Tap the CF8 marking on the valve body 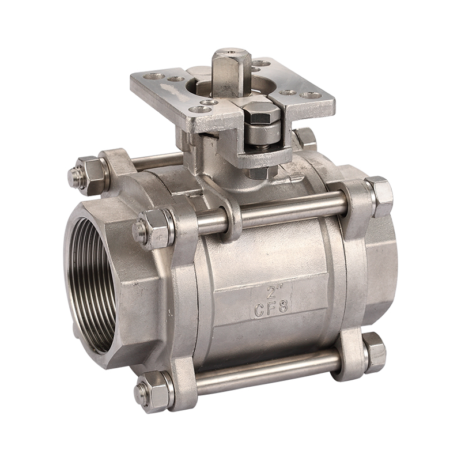pyautogui.click(x=271, y=309)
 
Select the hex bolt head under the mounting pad pyautogui.click(x=258, y=113)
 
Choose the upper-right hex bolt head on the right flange pyautogui.click(x=379, y=196)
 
